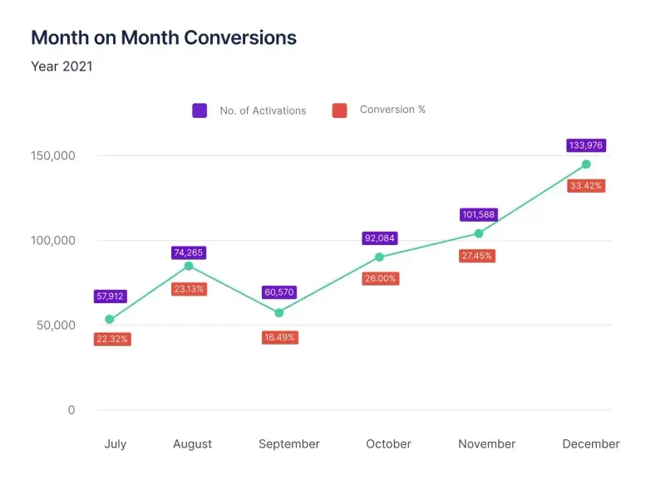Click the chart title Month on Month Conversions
[163, 37]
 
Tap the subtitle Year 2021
[62, 66]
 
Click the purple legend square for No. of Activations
[199, 110]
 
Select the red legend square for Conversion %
[339, 110]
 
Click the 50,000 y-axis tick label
[55, 325]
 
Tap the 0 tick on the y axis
[71, 410]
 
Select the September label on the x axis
[289, 444]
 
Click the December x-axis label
[591, 444]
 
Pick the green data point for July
[110, 319]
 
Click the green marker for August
[189, 266]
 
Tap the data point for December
[586, 164]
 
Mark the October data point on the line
[379, 257]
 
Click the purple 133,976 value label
[586, 145]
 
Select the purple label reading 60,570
[279, 292]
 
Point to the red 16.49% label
[279, 337]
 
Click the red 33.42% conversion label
[586, 186]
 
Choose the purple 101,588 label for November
[477, 215]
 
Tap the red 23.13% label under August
[189, 289]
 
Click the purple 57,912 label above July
[110, 296]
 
